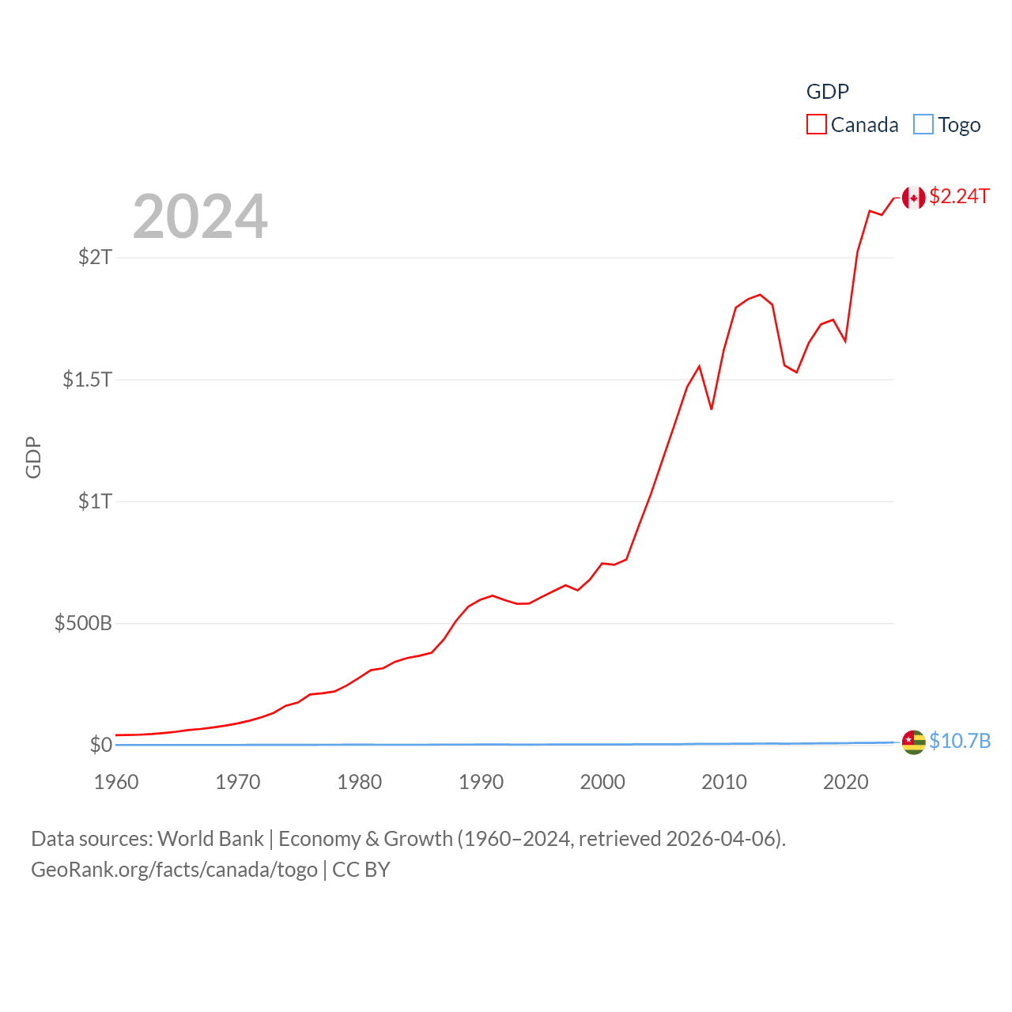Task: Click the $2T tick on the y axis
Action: pyautogui.click(x=95, y=257)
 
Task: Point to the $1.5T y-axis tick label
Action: pyautogui.click(x=87, y=379)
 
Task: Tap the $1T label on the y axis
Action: pyautogui.click(x=95, y=501)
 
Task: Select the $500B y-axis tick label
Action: pyautogui.click(x=83, y=623)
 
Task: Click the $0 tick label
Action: pyautogui.click(x=101, y=745)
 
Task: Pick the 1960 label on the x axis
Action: pyautogui.click(x=116, y=782)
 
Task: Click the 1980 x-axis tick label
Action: pyautogui.click(x=359, y=782)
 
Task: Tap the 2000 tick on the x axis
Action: pyautogui.click(x=602, y=782)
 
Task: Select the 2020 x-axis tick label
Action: pyautogui.click(x=845, y=782)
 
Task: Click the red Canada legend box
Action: pyautogui.click(x=816, y=125)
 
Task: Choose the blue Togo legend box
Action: pyautogui.click(x=923, y=125)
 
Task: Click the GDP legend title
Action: pyautogui.click(x=827, y=92)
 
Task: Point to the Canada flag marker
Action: pyautogui.click(x=913, y=198)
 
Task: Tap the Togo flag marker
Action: pyautogui.click(x=913, y=742)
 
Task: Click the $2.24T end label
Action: pyautogui.click(x=959, y=196)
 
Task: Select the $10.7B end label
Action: pyautogui.click(x=959, y=741)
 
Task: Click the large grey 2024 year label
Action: pyautogui.click(x=200, y=216)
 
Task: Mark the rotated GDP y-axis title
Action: pyautogui.click(x=33, y=457)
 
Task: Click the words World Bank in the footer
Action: pyautogui.click(x=210, y=838)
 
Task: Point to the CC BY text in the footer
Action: pyautogui.click(x=361, y=870)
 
